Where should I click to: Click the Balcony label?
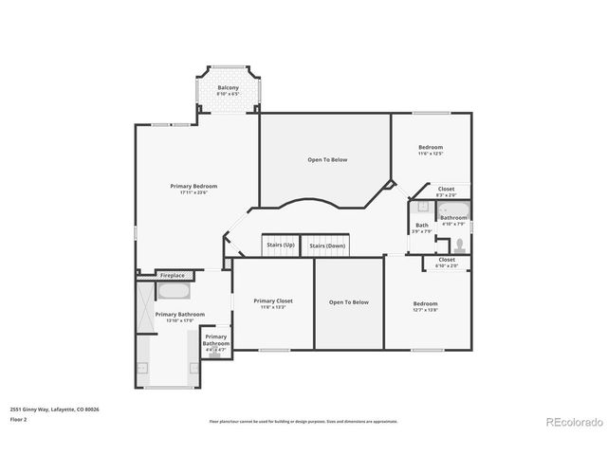pyautogui.click(x=228, y=87)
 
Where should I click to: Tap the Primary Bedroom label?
pyautogui.click(x=193, y=186)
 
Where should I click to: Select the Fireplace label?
pyautogui.click(x=173, y=275)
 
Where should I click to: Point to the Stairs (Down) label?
pyautogui.click(x=327, y=246)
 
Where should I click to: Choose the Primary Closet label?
pyautogui.click(x=273, y=300)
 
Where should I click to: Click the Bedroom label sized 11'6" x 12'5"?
pyautogui.click(x=432, y=147)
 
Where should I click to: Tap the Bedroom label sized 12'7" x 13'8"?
pyautogui.click(x=425, y=303)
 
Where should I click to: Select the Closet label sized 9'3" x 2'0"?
pyautogui.click(x=446, y=189)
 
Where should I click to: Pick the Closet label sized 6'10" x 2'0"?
pyautogui.click(x=447, y=259)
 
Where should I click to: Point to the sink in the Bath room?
pyautogui.click(x=416, y=208)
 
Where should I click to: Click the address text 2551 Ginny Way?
pyautogui.click(x=54, y=409)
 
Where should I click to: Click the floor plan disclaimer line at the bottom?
pyautogui.click(x=303, y=422)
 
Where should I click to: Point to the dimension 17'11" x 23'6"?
pyautogui.click(x=193, y=192)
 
